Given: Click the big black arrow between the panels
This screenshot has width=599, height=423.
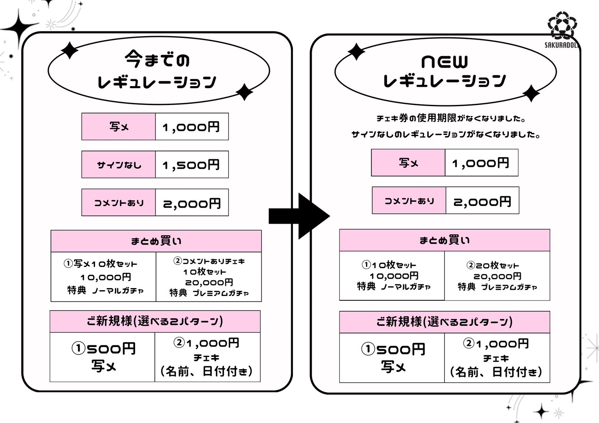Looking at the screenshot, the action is click(299, 216).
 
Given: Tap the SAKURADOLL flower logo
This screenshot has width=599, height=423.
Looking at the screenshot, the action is click(562, 26).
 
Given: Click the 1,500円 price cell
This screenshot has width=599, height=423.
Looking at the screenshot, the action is click(192, 164).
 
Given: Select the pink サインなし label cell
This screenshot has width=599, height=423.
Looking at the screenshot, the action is click(119, 164).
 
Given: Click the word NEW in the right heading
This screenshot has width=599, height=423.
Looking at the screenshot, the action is click(445, 62).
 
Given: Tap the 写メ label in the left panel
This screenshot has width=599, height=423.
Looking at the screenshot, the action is click(119, 127).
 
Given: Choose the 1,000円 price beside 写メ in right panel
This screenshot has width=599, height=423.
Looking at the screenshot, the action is click(480, 163).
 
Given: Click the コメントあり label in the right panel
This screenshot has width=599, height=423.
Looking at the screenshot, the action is click(409, 200).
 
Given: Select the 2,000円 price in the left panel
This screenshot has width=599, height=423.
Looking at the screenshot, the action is click(192, 203).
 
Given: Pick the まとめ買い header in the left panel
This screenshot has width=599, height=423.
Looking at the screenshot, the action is click(156, 241).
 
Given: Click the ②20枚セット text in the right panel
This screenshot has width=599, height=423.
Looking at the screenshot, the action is click(493, 265).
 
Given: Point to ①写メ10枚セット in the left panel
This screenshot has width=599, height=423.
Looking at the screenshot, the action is click(100, 264).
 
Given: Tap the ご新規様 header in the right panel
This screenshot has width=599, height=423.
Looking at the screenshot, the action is click(445, 322).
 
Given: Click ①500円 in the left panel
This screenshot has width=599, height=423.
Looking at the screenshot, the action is click(104, 349).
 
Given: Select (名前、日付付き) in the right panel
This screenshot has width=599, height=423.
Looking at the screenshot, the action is click(496, 372).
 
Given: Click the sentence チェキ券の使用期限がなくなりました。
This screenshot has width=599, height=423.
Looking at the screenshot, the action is click(451, 118).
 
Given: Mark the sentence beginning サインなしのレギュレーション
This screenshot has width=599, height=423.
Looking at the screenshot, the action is click(445, 134).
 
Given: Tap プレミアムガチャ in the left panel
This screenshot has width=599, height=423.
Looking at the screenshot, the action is click(221, 293).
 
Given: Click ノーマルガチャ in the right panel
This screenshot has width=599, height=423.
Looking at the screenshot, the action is click(406, 287).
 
